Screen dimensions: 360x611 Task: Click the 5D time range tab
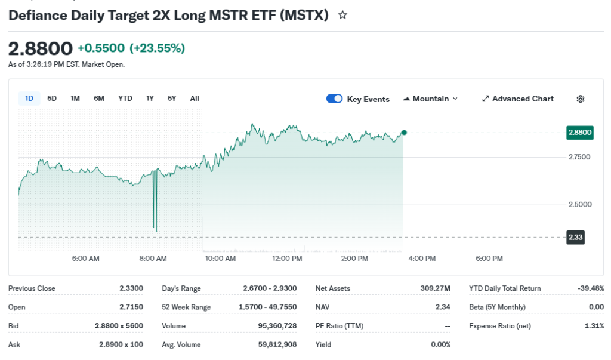(52, 99)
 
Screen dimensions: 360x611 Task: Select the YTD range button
(125, 99)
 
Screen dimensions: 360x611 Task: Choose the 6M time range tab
(99, 99)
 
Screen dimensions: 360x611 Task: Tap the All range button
(195, 99)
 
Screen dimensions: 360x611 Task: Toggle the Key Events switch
(334, 99)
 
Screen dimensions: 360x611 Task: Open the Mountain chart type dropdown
(431, 99)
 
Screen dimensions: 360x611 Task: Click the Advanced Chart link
(518, 99)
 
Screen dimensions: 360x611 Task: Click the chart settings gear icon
(581, 99)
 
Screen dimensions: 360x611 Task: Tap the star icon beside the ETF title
(342, 16)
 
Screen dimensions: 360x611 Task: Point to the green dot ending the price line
(404, 132)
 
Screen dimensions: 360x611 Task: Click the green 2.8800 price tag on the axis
(580, 133)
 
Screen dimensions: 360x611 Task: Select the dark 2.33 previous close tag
(576, 238)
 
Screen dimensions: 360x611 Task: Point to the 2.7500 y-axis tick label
(579, 157)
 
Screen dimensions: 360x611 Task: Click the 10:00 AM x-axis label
(220, 259)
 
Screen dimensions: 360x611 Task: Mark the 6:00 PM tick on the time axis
(489, 259)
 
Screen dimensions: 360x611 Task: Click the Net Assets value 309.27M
(435, 288)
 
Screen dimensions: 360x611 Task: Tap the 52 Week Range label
(186, 307)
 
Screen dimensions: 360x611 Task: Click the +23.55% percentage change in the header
(158, 48)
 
